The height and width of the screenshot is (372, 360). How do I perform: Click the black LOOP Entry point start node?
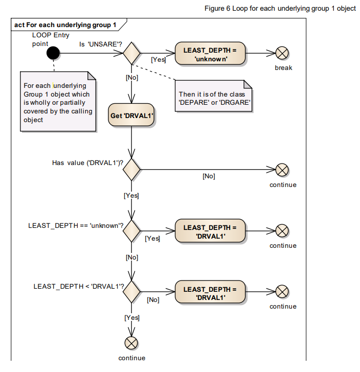point(53,53)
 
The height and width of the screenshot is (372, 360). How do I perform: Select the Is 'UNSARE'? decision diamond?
point(132,53)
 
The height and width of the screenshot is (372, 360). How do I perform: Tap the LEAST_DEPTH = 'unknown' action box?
point(210,53)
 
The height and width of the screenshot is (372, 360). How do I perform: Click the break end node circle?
point(282,53)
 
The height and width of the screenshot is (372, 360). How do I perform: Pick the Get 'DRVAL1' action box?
point(132,115)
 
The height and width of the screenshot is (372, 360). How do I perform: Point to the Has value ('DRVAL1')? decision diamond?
point(132,169)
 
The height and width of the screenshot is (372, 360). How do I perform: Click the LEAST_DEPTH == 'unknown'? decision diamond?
point(132,230)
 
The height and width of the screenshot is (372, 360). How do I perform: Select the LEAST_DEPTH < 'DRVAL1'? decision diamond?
point(132,291)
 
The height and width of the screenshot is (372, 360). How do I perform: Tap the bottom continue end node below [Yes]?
point(132,342)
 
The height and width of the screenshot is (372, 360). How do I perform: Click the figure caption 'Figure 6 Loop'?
point(280,9)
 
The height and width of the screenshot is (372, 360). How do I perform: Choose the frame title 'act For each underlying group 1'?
point(65,25)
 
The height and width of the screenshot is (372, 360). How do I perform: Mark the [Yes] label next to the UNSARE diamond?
point(158,60)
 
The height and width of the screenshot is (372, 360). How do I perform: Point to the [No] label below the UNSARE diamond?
point(132,78)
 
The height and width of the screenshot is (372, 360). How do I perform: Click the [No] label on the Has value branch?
point(209,176)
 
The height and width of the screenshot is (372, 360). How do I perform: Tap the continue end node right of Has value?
point(282,170)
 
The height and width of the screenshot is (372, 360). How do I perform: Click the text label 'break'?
point(283,68)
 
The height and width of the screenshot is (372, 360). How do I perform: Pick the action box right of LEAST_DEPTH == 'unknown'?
point(210,231)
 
